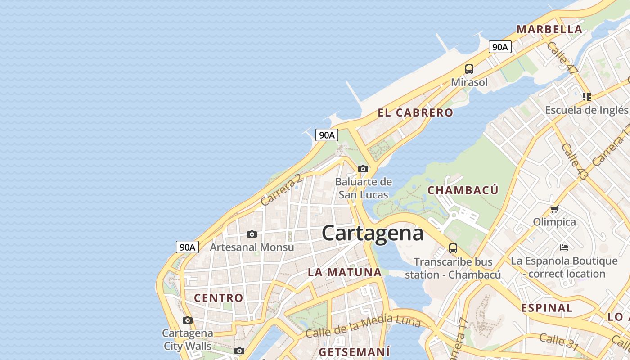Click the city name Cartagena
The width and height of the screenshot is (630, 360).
373,233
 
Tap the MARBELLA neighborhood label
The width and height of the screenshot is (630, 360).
549,30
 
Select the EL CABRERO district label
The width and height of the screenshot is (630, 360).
415,113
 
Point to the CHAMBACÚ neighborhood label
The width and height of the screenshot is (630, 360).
463,190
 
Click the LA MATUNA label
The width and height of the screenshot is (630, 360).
345,272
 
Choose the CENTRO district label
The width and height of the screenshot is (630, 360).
218,298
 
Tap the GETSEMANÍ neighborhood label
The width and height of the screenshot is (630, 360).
354,351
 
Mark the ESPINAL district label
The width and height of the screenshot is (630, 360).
547,308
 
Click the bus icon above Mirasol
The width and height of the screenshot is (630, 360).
469,69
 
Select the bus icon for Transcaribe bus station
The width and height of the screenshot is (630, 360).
453,248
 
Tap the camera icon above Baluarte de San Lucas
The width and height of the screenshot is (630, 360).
363,169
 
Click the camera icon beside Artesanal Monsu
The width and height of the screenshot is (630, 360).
252,234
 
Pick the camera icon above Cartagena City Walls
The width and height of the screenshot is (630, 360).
188,320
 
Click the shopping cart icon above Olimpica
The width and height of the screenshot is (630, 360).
554,209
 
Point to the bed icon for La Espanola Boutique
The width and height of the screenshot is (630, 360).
564,247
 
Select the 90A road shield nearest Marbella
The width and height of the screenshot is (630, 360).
500,47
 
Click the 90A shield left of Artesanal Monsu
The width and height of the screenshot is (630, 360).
187,247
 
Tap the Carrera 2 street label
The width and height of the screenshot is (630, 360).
281,190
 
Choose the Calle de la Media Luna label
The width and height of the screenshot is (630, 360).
363,327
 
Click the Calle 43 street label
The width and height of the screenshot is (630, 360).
574,162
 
